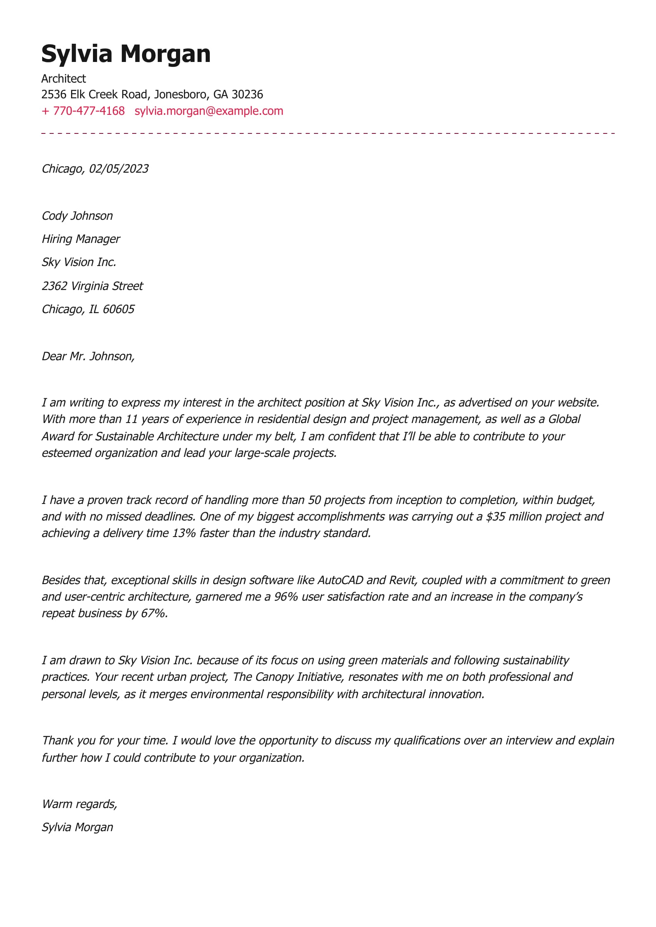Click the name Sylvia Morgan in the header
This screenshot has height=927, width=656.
click(126, 54)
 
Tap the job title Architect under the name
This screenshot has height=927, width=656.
click(63, 78)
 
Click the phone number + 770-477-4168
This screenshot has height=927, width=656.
click(83, 111)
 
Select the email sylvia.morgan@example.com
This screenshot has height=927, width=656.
click(209, 111)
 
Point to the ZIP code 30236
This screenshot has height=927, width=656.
click(247, 95)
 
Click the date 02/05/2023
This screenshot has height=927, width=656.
click(119, 169)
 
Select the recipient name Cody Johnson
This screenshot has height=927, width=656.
click(77, 216)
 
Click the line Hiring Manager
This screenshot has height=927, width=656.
click(81, 239)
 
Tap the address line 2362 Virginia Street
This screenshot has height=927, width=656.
click(92, 286)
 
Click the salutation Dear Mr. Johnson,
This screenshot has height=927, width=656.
click(88, 356)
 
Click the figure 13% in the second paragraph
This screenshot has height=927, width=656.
click(184, 533)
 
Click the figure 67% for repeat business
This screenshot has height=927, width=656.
click(153, 613)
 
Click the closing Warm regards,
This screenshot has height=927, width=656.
click(79, 804)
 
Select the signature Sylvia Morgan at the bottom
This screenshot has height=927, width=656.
click(77, 827)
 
